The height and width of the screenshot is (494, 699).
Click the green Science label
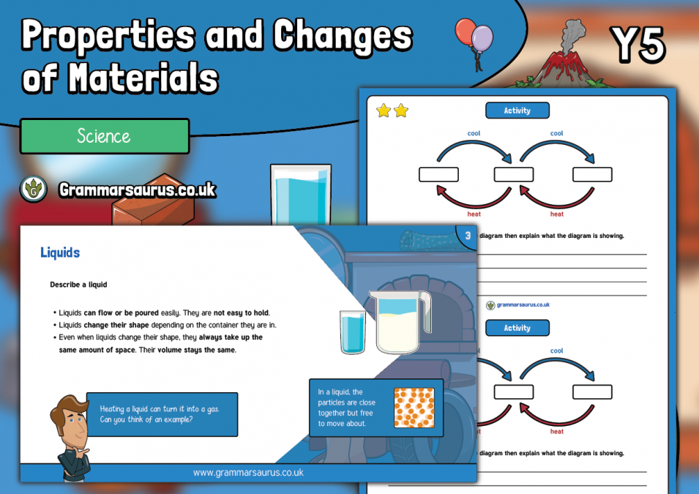105,136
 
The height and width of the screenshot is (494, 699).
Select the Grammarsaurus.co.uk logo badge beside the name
34,190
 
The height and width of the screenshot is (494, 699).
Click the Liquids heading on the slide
60,252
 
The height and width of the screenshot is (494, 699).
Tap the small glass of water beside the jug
352,333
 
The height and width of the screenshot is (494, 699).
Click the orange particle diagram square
414,408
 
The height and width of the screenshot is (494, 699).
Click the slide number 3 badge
467,236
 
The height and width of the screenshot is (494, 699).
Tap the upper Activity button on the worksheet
517,111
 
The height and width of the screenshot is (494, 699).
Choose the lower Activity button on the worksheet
517,328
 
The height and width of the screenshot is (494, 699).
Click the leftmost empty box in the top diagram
438,175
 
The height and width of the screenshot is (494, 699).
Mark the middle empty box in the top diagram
513,175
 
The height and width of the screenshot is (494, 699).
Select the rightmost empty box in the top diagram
592,175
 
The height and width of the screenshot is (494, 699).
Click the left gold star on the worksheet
383,111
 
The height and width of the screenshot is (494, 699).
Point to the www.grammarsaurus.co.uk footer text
248,473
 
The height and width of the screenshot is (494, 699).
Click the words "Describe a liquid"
78,284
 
